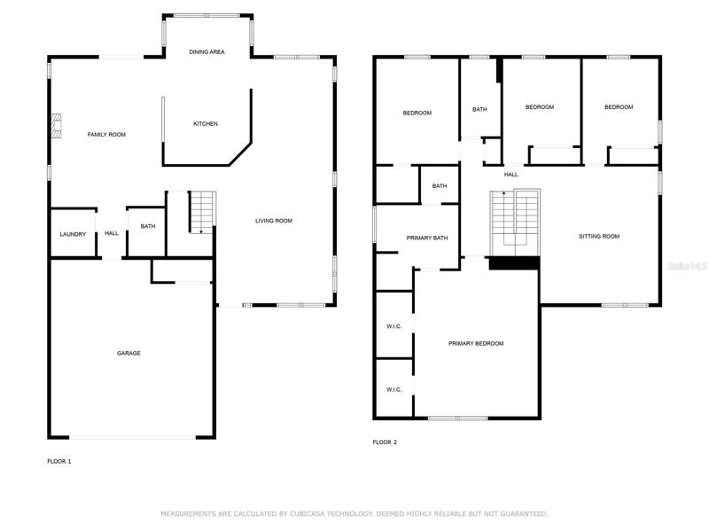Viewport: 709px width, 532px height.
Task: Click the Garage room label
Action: point(129,353)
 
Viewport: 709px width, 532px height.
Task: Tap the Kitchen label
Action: point(206,123)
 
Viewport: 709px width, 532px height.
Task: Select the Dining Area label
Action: point(206,52)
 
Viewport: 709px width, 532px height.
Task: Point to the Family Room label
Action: point(106,135)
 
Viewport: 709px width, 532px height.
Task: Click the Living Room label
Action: point(274,221)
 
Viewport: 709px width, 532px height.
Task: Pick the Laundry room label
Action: point(73,234)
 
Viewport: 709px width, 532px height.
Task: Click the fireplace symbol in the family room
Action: point(56,126)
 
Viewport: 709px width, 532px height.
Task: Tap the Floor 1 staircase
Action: point(202,212)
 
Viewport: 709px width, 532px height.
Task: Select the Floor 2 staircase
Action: point(515,223)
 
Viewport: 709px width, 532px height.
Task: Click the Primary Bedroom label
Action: point(476,343)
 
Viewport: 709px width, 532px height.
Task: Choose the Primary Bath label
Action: point(427,238)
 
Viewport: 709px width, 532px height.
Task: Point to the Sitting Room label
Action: point(599,236)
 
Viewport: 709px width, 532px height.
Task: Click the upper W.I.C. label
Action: point(393,326)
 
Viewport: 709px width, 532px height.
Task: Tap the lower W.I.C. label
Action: point(393,389)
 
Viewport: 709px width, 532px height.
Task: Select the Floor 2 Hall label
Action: point(511,175)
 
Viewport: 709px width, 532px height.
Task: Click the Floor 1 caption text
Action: point(59,461)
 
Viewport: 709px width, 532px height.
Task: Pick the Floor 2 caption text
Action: point(385,442)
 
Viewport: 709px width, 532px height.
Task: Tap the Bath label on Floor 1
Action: point(148,226)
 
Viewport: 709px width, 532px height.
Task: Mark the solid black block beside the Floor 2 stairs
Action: point(515,263)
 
